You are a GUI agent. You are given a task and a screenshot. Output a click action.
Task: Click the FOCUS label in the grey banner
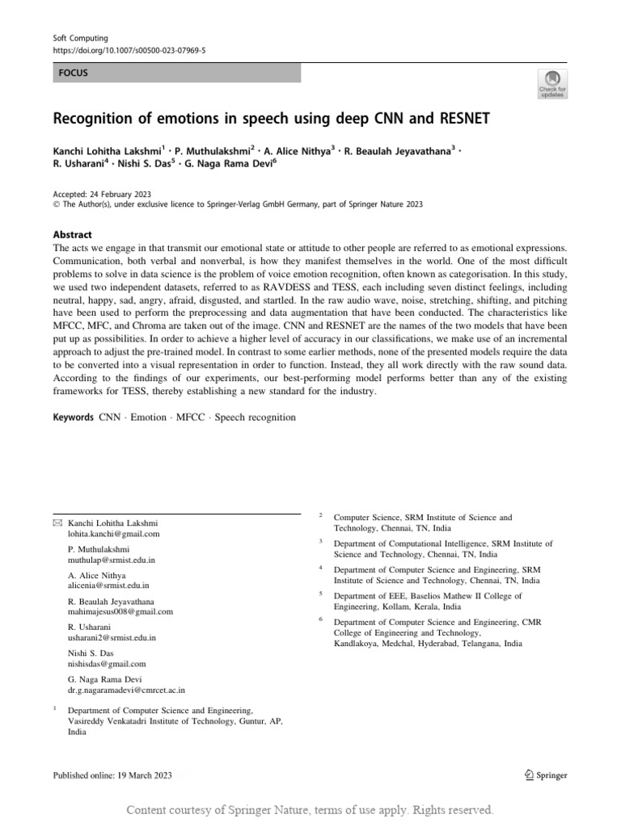click(74, 73)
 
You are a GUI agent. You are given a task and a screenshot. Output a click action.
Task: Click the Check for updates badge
click(552, 83)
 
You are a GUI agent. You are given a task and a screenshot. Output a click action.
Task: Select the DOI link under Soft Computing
click(129, 49)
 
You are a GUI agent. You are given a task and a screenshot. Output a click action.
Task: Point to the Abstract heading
click(72, 233)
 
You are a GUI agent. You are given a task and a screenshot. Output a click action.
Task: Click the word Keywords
click(74, 418)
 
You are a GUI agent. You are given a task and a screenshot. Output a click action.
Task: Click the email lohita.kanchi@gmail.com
click(114, 534)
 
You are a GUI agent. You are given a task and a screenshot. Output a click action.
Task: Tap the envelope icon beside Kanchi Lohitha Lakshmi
click(57, 523)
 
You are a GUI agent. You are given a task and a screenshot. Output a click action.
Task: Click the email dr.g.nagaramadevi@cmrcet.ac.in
click(126, 691)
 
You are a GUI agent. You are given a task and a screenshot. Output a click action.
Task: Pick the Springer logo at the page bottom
click(546, 775)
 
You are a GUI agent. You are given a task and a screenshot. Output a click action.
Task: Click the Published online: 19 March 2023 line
click(112, 775)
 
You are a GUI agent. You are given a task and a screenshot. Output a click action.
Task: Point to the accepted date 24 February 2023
click(127, 193)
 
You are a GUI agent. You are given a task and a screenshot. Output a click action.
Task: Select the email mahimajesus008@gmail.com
click(120, 611)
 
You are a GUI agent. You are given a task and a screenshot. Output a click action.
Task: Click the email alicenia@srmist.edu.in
click(108, 586)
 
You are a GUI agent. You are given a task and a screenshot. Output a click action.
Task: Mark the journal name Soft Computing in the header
click(80, 38)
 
